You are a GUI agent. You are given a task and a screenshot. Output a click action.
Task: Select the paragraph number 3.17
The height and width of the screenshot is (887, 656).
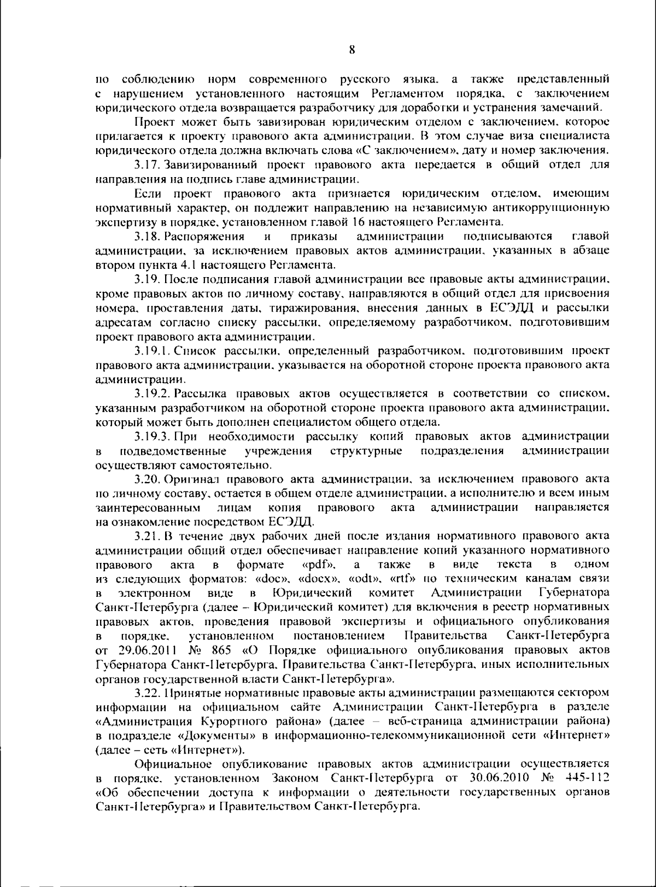point(147,164)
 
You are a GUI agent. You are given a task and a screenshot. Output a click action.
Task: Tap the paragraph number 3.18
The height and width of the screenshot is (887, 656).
point(147,236)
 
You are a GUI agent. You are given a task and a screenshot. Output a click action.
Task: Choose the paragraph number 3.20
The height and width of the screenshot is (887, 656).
point(147,480)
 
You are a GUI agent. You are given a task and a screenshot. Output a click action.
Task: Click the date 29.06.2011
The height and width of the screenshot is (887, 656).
point(144,650)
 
